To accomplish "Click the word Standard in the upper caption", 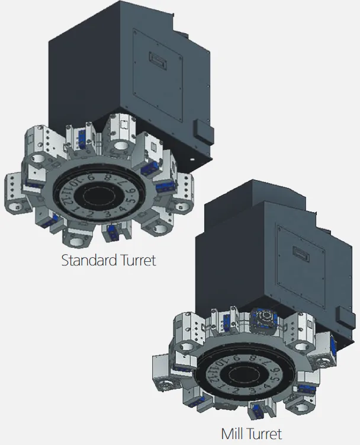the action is click(89, 260).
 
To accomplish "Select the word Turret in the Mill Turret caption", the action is click(263, 434).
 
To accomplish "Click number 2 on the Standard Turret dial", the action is click(89, 214).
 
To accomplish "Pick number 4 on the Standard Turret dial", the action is click(122, 209).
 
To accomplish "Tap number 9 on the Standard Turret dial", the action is click(91, 178).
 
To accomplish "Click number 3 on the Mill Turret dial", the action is click(253, 390).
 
